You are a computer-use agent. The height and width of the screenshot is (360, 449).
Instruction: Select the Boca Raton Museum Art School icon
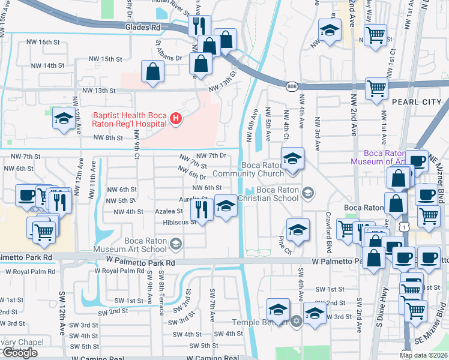(176, 243)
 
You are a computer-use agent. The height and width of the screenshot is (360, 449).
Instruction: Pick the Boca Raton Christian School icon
(308, 192)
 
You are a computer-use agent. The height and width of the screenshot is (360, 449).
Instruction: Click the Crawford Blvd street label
(328, 223)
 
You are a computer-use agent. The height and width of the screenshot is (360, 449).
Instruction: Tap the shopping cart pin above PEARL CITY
(376, 89)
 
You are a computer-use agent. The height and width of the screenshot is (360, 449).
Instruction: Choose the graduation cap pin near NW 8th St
(64, 119)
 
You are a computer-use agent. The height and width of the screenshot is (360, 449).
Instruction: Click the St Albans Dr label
(160, 50)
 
